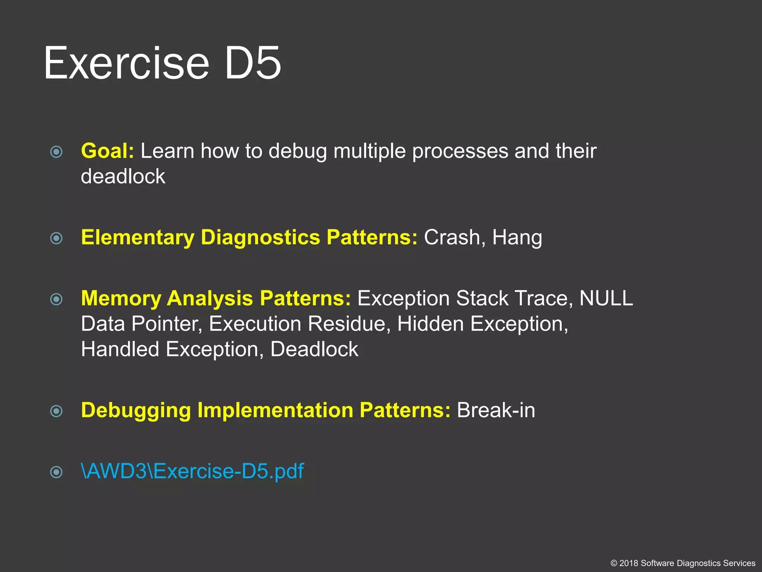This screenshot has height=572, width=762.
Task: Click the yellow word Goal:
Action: coord(107,151)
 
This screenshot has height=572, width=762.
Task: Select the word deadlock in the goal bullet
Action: coord(123,176)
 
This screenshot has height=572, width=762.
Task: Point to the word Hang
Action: coord(517,238)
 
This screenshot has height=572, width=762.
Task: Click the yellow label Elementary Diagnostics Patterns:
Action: coord(249,237)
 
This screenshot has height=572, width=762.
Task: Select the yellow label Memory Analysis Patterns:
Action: coord(216,298)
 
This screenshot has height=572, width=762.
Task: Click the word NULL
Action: coord(606,298)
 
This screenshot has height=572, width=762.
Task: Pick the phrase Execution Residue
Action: coord(299,324)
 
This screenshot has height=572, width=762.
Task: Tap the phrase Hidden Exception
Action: coord(482,324)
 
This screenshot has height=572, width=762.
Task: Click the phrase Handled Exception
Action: coord(170,349)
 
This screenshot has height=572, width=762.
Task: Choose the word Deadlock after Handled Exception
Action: coord(314,349)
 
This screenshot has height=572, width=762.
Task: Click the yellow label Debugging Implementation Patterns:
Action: coord(266,410)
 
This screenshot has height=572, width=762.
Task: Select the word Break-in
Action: coord(496,410)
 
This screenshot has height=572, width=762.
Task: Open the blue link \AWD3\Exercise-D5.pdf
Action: coord(192,471)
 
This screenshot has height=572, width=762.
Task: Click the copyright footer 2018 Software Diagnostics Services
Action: coord(683,563)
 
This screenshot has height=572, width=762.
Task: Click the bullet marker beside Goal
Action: coord(56,152)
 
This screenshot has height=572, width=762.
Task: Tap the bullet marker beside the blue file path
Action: coord(56,472)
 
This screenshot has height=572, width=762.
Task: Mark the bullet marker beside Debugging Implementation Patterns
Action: coord(56,411)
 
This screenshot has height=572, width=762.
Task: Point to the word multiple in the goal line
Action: coord(369,151)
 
